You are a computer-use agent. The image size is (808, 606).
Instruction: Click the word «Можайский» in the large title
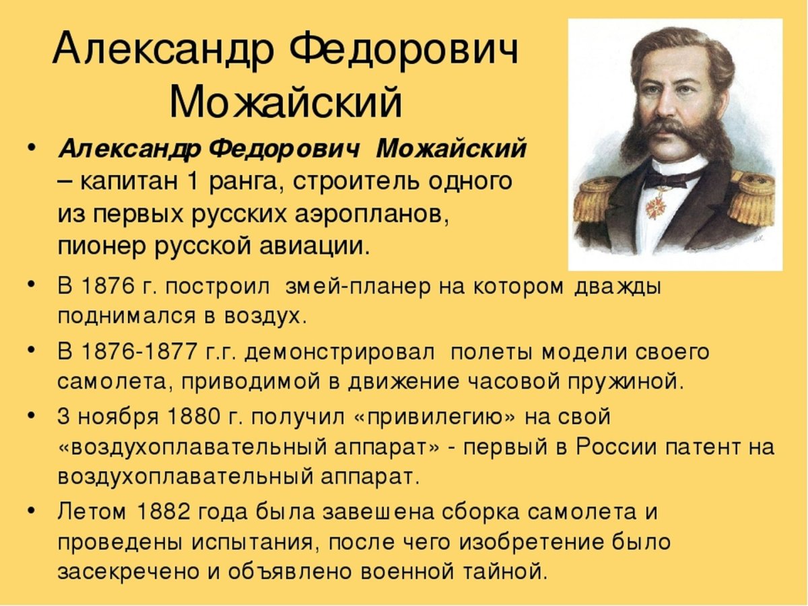[286, 103]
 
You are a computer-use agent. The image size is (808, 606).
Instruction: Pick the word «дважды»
[618, 286]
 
